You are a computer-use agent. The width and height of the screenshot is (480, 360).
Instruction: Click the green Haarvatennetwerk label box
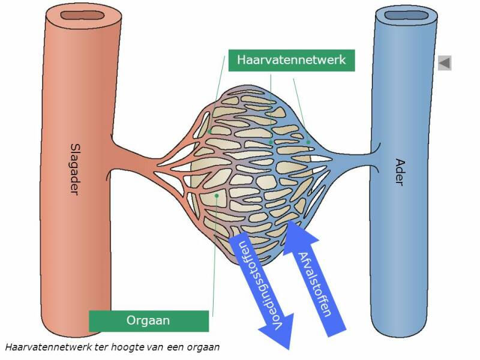(291, 60)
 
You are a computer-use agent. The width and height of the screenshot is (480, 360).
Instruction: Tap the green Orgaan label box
(148, 320)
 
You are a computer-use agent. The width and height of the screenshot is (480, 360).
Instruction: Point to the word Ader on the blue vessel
(399, 172)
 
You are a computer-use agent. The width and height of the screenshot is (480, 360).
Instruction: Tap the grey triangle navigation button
(445, 62)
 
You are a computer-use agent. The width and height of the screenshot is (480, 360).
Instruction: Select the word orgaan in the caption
(204, 347)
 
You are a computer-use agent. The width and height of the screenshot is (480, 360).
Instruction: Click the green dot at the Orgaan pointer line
(216, 195)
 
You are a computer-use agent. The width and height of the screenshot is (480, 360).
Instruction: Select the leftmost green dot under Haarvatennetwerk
(210, 131)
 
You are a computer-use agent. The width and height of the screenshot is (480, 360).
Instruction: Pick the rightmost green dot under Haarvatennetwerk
(308, 142)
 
